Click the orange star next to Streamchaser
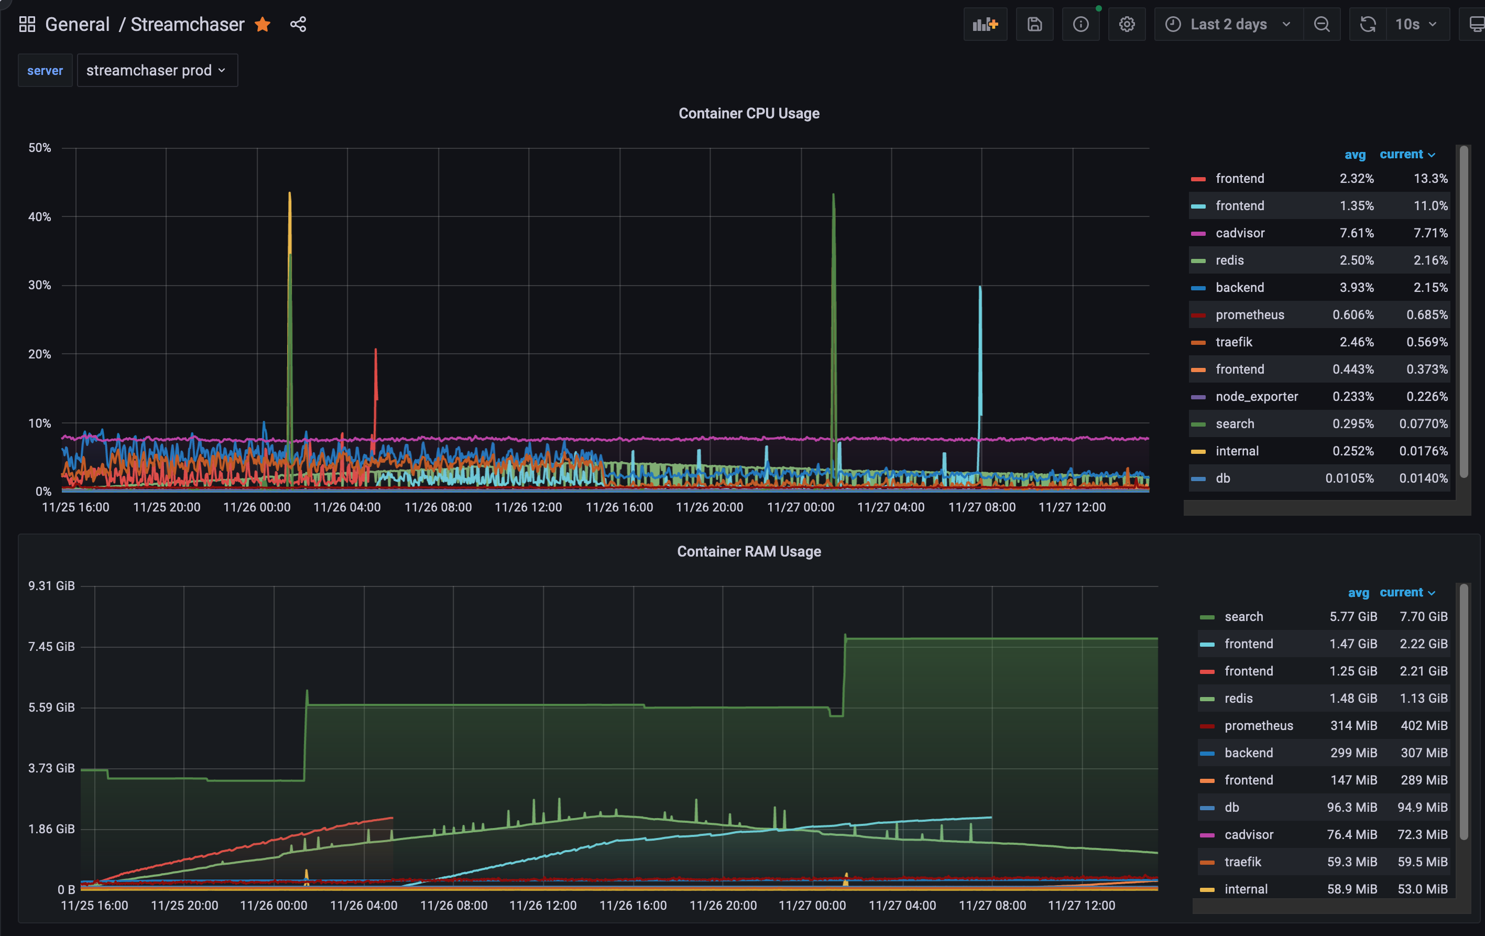[263, 24]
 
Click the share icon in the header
[298, 24]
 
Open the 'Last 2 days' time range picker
[1228, 24]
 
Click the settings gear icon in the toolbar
[1127, 24]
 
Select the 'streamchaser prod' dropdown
[157, 70]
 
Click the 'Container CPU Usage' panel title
[749, 113]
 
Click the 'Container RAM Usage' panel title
[749, 551]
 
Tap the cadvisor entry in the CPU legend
[1240, 233]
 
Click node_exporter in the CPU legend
[1256, 397]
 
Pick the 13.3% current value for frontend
[1430, 179]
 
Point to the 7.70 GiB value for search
[1423, 617]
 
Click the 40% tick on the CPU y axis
[39, 216]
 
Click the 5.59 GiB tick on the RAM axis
[51, 708]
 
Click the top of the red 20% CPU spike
[376, 350]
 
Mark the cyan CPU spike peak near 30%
[980, 287]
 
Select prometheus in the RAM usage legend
[1258, 726]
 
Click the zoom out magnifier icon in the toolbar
[1322, 24]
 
